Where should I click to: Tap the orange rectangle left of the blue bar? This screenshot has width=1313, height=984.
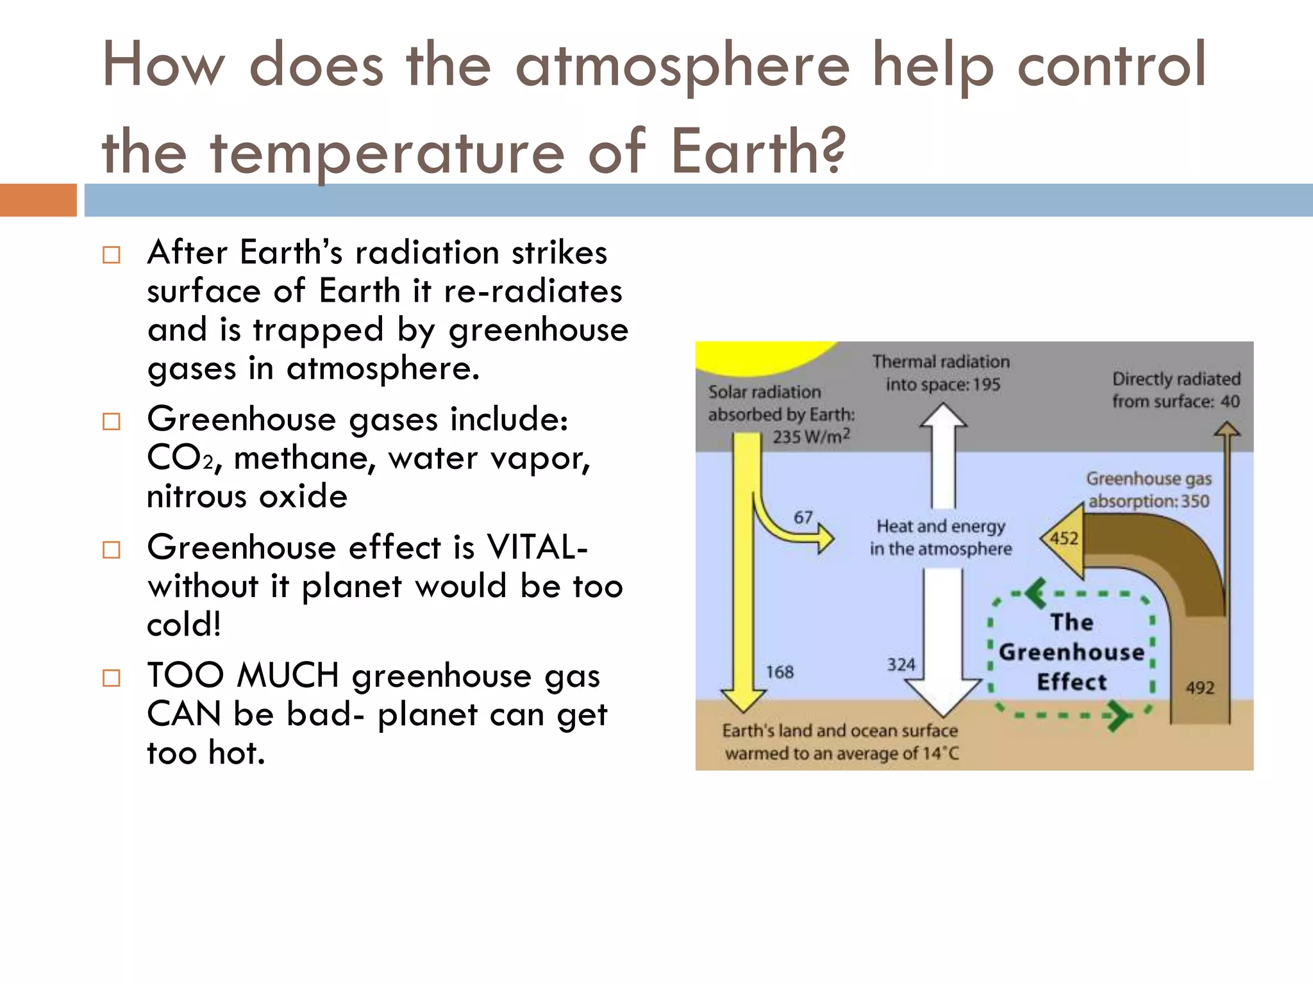click(x=38, y=200)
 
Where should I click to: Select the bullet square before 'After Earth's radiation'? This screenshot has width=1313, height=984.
click(x=112, y=255)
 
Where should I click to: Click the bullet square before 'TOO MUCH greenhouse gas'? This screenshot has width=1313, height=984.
click(x=112, y=678)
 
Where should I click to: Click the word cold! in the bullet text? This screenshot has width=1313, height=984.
click(x=184, y=625)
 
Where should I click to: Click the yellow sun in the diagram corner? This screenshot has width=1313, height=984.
click(x=757, y=356)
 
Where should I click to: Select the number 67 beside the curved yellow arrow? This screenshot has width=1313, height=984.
click(x=803, y=517)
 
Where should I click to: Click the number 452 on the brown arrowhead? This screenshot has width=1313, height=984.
click(x=1064, y=538)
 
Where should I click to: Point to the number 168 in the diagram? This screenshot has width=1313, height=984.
click(x=780, y=672)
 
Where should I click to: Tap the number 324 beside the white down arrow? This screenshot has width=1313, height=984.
click(x=901, y=664)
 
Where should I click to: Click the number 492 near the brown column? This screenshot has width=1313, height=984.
click(x=1200, y=688)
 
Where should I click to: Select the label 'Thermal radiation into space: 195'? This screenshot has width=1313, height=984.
click(x=941, y=373)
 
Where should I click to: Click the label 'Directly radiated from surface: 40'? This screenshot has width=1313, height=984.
click(x=1176, y=390)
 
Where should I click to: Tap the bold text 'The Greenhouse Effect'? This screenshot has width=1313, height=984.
click(x=1072, y=652)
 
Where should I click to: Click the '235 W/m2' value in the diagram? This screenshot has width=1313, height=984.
click(x=811, y=437)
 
